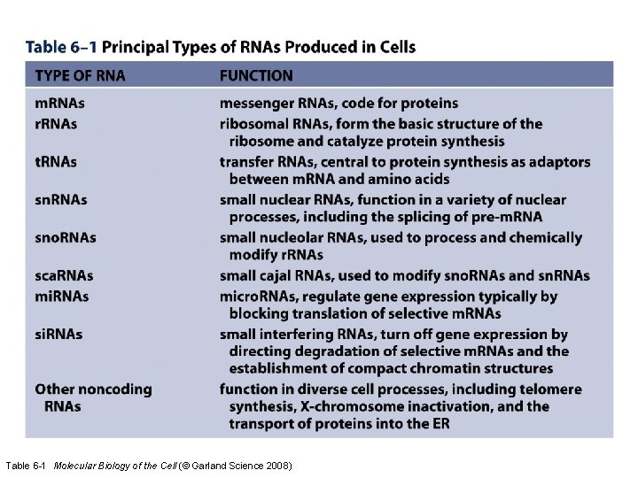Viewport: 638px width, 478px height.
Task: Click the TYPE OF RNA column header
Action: [x=80, y=76]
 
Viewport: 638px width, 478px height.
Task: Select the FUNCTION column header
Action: [x=256, y=76]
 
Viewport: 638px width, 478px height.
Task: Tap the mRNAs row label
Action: [x=60, y=104]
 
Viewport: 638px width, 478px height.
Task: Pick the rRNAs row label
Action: [x=56, y=123]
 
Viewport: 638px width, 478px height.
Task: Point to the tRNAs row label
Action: [x=56, y=162]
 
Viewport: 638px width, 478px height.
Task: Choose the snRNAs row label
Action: [x=61, y=200]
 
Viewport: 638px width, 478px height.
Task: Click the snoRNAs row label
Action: [x=66, y=238]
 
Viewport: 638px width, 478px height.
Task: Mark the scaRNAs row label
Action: [x=64, y=276]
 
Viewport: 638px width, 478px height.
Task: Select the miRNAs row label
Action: [x=61, y=296]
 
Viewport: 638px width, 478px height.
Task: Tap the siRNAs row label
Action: [x=59, y=334]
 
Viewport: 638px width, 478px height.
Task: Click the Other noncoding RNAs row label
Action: [x=92, y=397]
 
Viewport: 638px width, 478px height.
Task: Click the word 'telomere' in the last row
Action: [x=549, y=389]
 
